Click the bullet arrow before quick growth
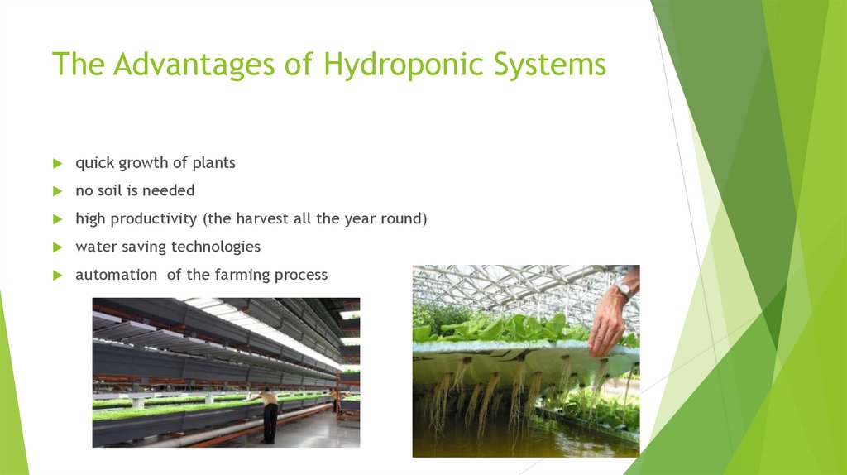[57, 163]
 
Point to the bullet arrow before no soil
[57, 191]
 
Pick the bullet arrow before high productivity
[57, 219]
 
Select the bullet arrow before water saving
[57, 247]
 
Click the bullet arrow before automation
[57, 276]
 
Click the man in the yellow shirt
[269, 414]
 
